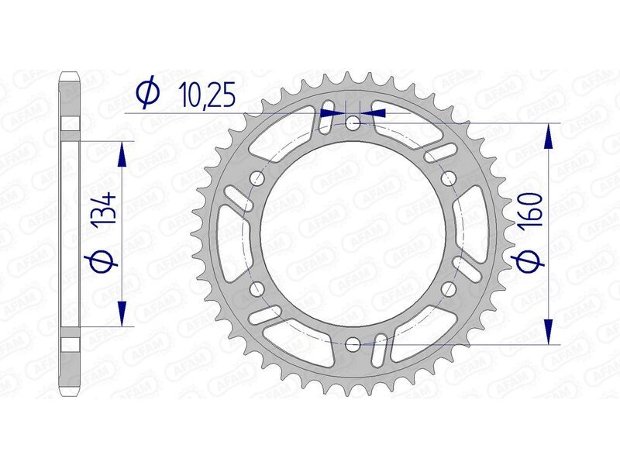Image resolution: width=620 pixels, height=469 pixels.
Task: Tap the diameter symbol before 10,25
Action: point(146,92)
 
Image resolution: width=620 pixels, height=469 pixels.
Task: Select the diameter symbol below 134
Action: point(105,261)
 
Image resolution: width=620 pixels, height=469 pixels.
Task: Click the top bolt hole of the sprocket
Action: point(353,122)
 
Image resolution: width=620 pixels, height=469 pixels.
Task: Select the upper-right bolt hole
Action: point(448,178)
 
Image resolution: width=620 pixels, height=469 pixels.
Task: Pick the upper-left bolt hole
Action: point(257,178)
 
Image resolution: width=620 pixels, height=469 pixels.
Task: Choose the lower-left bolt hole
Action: point(257,288)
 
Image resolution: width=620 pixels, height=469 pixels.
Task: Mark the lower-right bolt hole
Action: point(448,288)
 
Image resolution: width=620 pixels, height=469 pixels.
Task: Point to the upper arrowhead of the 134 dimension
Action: point(120,155)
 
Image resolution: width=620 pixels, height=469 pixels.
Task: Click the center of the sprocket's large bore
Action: point(353,233)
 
